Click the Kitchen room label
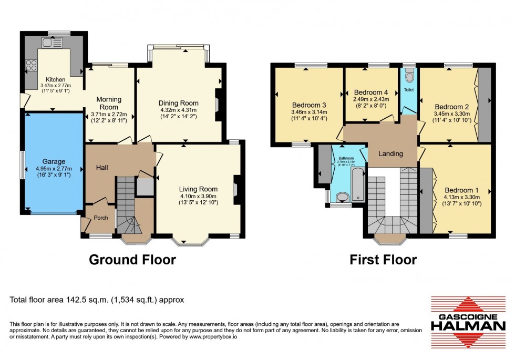point(55,79)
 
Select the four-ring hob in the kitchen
point(31,66)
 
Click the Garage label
point(54,161)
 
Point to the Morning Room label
point(109,103)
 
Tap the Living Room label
point(198,189)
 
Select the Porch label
point(100,218)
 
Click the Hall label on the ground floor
point(102,167)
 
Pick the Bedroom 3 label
point(309,104)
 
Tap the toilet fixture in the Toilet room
point(409,77)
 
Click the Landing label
point(391,153)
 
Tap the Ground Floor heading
point(132,260)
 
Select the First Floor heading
point(385,260)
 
